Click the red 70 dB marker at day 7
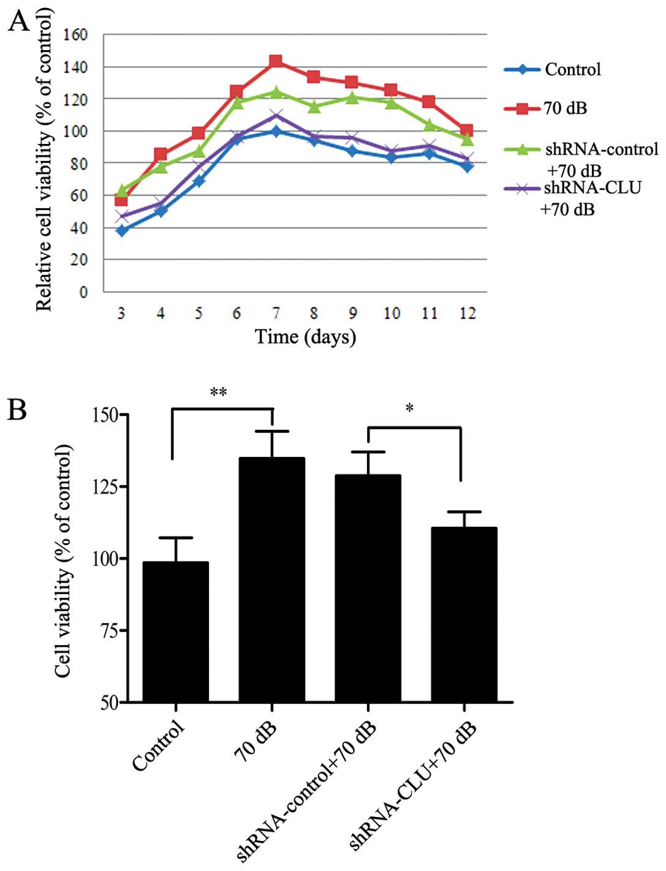tap(276, 61)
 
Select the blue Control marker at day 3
tap(121, 231)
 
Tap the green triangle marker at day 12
tap(467, 139)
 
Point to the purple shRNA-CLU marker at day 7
tap(276, 115)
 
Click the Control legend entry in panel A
tap(572, 70)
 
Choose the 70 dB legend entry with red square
tap(564, 108)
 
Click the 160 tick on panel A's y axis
tap(76, 35)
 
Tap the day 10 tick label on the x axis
tap(392, 313)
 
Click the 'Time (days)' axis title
tap(305, 336)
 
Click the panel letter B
tap(17, 410)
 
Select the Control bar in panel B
tap(176, 631)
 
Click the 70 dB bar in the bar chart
tap(272, 579)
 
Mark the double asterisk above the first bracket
tap(219, 393)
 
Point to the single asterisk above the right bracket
tap(410, 408)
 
